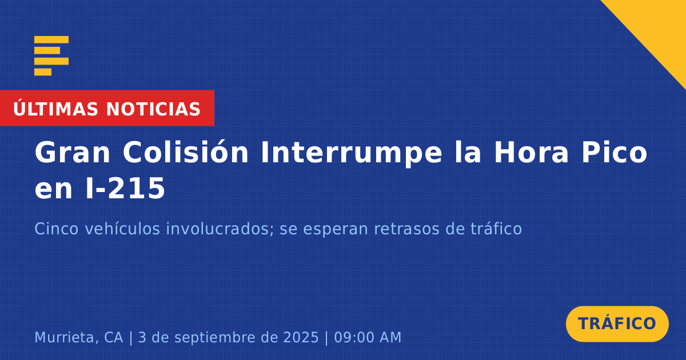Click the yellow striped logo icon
tap(51, 56)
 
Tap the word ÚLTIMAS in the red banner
tap(55, 109)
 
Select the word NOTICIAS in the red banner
tap(153, 109)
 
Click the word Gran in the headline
tap(72, 152)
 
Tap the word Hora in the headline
tap(531, 152)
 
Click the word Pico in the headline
tap(615, 152)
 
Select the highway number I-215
tap(126, 188)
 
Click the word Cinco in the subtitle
tap(57, 229)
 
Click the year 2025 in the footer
tap(301, 337)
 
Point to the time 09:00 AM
tap(368, 337)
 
